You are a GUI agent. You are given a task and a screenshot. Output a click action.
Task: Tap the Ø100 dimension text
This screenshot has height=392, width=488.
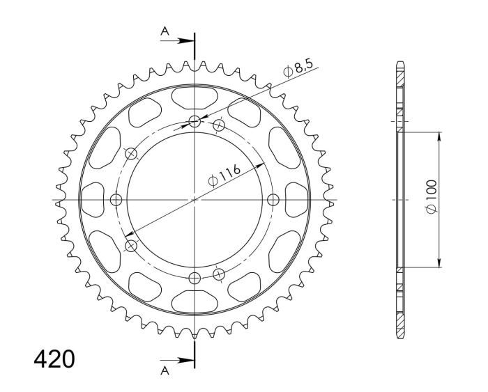pos(432,196)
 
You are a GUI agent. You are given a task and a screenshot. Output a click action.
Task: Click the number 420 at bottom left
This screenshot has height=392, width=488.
pos(54,359)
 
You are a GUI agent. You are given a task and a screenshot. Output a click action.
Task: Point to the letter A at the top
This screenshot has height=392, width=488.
pos(165,31)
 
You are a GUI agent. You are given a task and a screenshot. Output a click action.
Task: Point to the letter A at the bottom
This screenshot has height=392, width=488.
pos(165,370)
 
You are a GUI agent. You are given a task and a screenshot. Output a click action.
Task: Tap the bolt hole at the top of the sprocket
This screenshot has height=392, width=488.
pos(195,122)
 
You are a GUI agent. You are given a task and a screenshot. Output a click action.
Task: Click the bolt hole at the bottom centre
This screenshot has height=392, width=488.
pos(195,277)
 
